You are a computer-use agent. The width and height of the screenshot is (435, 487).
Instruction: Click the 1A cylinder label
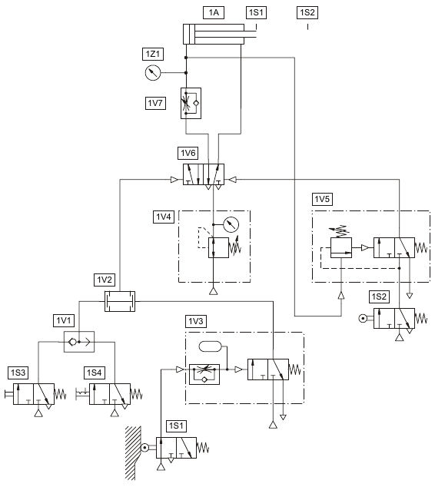pos(214,12)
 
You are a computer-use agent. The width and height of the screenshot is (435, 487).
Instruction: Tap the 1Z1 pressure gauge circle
pos(153,73)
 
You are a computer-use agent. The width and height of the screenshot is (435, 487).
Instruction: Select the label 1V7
pos(155,103)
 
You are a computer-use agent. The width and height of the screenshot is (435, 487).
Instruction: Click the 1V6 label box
pos(188,153)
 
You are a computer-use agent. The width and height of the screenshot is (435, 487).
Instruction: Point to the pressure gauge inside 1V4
pos(231,224)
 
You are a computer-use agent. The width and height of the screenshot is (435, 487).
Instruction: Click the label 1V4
pos(164,217)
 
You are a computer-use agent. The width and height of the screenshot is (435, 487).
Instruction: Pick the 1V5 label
pos(322,199)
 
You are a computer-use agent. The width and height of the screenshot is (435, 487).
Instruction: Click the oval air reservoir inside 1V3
pos(210,346)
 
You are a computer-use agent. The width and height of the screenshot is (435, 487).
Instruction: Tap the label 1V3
pos(196,321)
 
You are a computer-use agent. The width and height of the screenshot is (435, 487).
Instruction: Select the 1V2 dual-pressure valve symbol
pos(120,301)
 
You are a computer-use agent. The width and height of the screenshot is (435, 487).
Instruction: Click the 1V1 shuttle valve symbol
pos(79,342)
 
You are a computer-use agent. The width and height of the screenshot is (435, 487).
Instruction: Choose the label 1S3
pos(18,373)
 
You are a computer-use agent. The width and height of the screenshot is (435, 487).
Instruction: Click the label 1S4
pos(94,373)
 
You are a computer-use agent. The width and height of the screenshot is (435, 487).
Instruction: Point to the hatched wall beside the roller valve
pos(133,453)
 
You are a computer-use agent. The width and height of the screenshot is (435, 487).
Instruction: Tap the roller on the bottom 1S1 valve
pos(144,448)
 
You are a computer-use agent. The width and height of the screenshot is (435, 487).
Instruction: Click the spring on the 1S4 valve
pos(136,394)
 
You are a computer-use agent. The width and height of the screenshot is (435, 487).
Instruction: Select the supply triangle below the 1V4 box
pos(213,290)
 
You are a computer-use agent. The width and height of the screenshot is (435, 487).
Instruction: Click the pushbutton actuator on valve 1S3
pos(9,394)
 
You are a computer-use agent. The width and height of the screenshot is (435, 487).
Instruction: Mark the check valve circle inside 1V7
pos(196,103)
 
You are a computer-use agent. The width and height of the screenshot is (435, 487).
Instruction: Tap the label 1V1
pos(64,320)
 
